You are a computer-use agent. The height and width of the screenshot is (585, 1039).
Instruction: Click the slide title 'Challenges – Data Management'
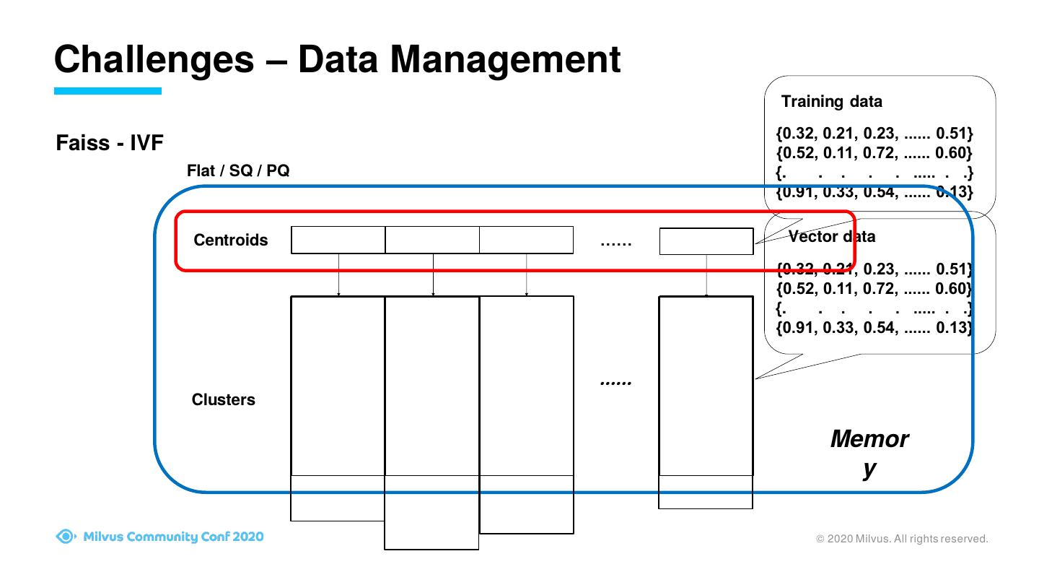(337, 59)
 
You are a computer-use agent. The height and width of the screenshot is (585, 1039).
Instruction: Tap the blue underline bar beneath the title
(108, 91)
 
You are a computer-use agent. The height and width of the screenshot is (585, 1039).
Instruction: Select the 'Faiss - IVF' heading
(110, 143)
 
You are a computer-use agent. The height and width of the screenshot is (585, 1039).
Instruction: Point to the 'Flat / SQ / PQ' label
(238, 171)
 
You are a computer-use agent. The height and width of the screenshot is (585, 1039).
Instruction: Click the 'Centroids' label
(230, 240)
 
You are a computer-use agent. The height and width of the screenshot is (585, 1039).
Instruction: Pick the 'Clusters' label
(223, 399)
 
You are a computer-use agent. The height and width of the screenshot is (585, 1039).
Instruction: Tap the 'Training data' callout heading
(831, 101)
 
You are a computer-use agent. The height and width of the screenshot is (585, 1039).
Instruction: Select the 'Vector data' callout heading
(832, 236)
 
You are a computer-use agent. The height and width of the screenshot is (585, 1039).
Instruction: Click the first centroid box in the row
(338, 240)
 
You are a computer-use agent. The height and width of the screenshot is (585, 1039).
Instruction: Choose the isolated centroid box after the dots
(706, 241)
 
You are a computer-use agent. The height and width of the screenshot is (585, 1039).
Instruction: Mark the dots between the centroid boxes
(615, 242)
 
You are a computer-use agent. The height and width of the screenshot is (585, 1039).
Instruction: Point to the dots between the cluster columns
(615, 381)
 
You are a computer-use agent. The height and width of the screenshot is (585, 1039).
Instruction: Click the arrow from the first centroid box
(338, 274)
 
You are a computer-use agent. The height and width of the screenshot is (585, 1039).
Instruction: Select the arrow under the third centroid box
(527, 274)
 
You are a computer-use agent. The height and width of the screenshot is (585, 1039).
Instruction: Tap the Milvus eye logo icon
(66, 537)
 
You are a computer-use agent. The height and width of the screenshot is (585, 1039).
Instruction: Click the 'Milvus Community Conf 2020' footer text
(173, 537)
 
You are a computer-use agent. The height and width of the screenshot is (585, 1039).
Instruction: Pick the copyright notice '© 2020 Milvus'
(901, 539)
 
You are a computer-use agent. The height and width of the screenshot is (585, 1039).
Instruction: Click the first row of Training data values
(874, 134)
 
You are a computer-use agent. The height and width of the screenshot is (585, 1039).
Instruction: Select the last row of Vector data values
(874, 327)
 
